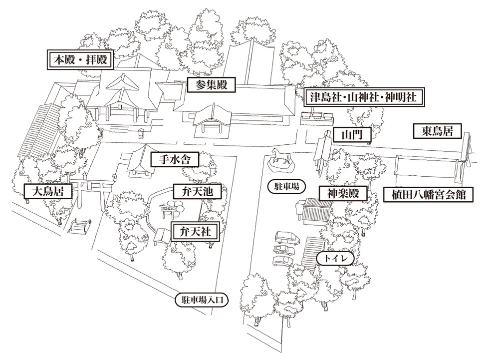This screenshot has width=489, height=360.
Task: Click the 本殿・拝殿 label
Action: (x=80, y=60)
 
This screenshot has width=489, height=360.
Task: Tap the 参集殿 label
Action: (x=208, y=85)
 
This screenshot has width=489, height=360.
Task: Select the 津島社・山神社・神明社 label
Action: (x=363, y=97)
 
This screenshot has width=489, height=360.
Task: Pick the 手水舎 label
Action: (x=175, y=160)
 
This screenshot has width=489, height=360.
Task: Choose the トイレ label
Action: (x=335, y=258)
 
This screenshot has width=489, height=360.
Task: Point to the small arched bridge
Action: (x=80, y=226)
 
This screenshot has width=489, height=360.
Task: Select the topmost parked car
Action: (x=286, y=237)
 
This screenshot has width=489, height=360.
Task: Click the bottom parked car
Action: (x=282, y=261)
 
